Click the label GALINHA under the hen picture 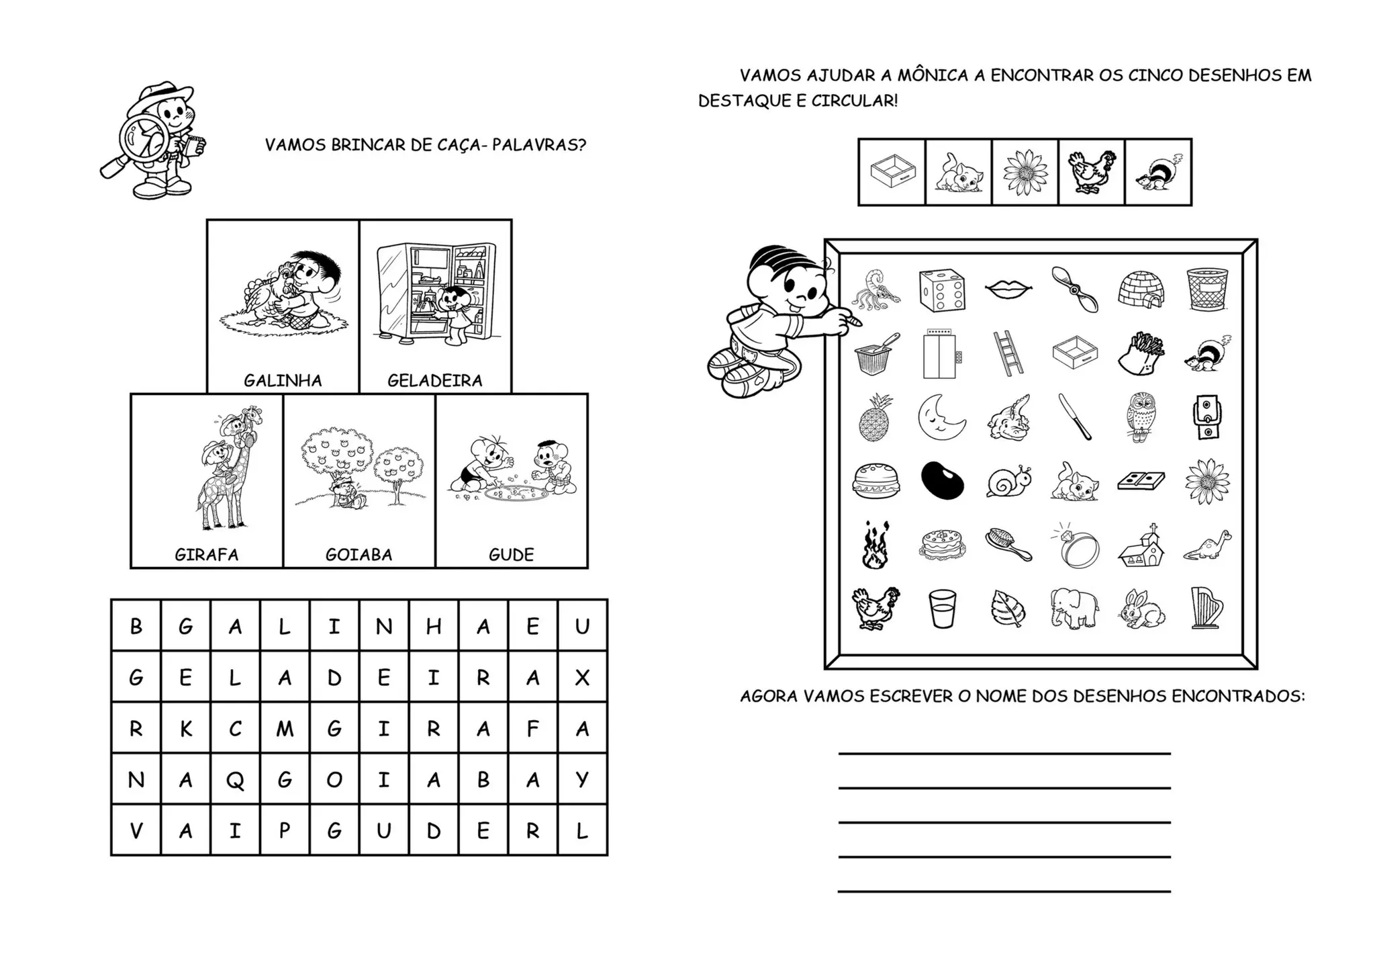(283, 381)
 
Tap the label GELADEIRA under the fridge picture (435, 381)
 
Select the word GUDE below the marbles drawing (511, 555)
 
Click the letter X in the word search (582, 678)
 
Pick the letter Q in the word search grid (235, 781)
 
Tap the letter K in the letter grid (186, 730)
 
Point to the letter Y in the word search (582, 780)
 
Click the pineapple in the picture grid (874, 418)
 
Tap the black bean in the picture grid (942, 481)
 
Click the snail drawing (1008, 481)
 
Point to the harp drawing (1207, 609)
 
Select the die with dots (942, 291)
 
